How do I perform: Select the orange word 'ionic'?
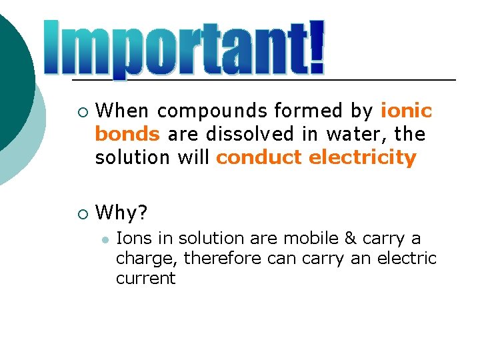click(x=407, y=111)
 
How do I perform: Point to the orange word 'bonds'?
click(x=127, y=134)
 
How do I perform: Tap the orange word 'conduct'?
click(x=260, y=157)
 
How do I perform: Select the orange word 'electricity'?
click(x=363, y=157)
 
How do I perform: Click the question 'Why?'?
click(x=123, y=213)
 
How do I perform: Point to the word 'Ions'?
click(x=131, y=238)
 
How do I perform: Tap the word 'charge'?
click(x=146, y=258)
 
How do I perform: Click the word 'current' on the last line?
click(x=145, y=278)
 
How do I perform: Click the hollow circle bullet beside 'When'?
click(x=81, y=111)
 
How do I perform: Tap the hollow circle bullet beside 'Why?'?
click(x=81, y=214)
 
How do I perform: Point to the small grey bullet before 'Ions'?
click(x=103, y=239)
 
